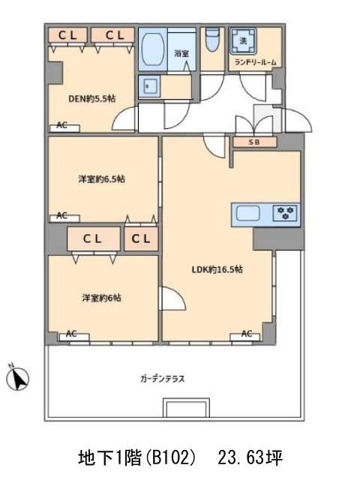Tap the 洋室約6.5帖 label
(x=101, y=179)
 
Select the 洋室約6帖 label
(x=102, y=297)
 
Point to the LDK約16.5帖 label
(x=214, y=270)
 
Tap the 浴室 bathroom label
(x=181, y=53)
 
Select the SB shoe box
(x=253, y=142)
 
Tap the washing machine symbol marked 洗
(x=244, y=39)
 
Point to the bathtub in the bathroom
(x=153, y=51)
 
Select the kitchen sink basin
(x=250, y=213)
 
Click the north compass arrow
(x=19, y=379)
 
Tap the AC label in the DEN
(x=61, y=125)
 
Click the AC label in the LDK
(x=246, y=334)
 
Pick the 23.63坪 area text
(x=250, y=457)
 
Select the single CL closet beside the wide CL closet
(x=141, y=239)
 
